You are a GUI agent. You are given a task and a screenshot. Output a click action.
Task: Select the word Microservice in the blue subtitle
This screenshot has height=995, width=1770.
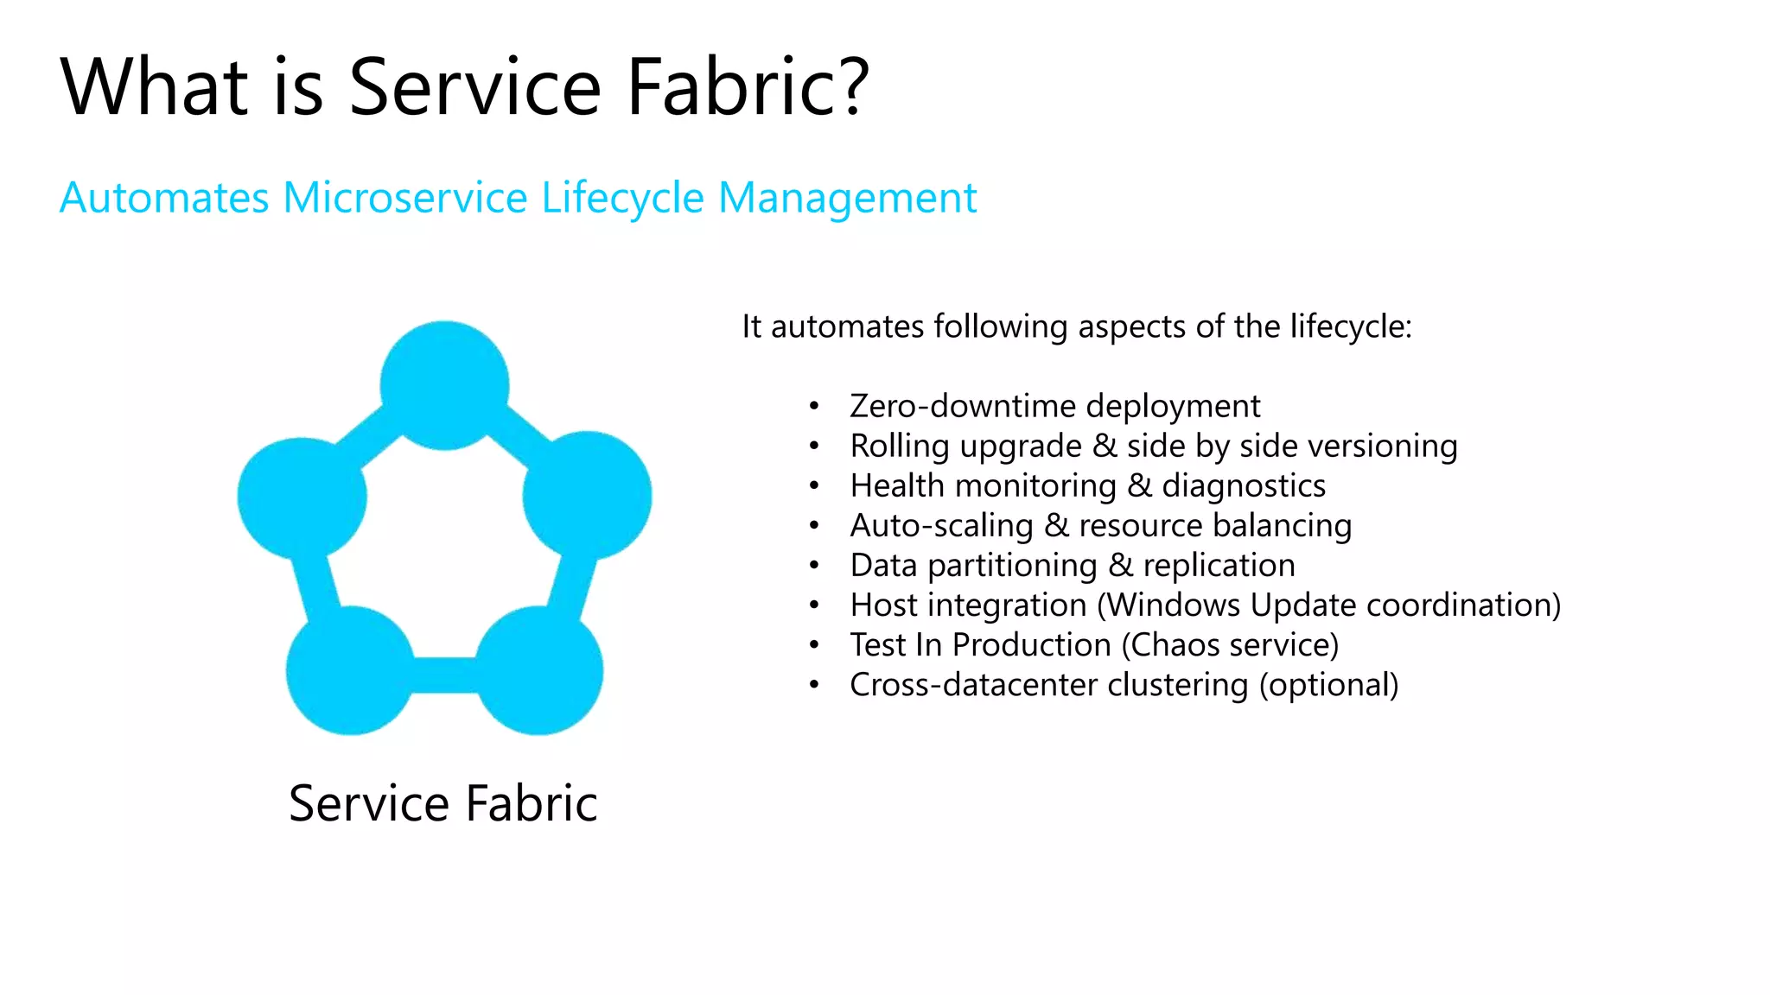(405, 198)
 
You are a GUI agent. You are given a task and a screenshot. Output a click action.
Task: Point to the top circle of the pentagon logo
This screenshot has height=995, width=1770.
(444, 385)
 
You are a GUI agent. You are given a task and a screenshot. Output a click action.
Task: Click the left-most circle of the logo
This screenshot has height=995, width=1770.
(302, 497)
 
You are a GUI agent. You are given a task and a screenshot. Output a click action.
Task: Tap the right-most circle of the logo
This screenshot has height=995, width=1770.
(588, 496)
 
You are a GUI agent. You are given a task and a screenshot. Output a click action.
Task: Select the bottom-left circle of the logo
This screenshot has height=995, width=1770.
(350, 670)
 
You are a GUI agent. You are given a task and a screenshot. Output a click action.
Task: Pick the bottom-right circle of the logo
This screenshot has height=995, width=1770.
(538, 670)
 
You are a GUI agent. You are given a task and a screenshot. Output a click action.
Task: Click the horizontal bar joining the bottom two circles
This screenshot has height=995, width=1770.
(444, 675)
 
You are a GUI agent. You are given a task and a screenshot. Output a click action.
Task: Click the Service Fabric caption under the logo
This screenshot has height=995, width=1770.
(442, 803)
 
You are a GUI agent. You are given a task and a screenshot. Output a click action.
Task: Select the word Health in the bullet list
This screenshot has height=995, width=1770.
(897, 485)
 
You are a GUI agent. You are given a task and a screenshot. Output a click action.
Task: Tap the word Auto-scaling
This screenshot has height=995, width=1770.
(941, 526)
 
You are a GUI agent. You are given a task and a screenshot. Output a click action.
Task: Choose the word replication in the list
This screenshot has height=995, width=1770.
(1219, 566)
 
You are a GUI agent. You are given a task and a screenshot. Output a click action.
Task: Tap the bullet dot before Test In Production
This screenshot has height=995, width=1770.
(813, 645)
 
